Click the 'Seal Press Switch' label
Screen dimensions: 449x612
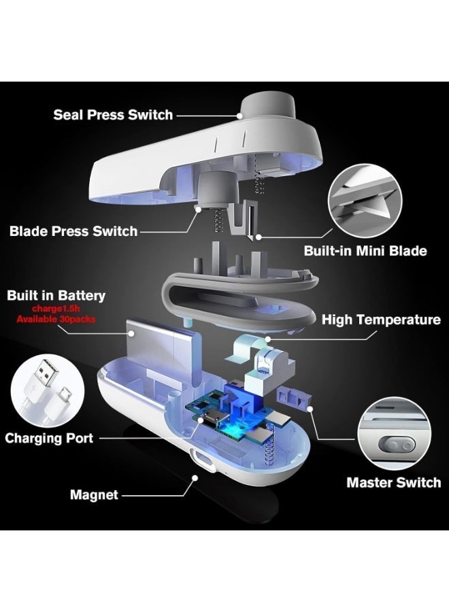113,115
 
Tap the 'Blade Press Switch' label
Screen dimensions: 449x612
73,231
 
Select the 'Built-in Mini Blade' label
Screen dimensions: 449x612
365,250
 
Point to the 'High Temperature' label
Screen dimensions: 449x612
381,320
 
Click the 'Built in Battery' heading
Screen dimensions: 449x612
56,296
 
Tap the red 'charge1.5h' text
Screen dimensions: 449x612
56,309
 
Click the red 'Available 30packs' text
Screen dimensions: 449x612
56,319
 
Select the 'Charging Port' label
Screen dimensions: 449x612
49,438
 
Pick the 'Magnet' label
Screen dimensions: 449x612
94,495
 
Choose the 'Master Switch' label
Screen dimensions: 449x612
394,482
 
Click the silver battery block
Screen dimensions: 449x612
163,352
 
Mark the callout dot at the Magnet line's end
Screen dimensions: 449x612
195,477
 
